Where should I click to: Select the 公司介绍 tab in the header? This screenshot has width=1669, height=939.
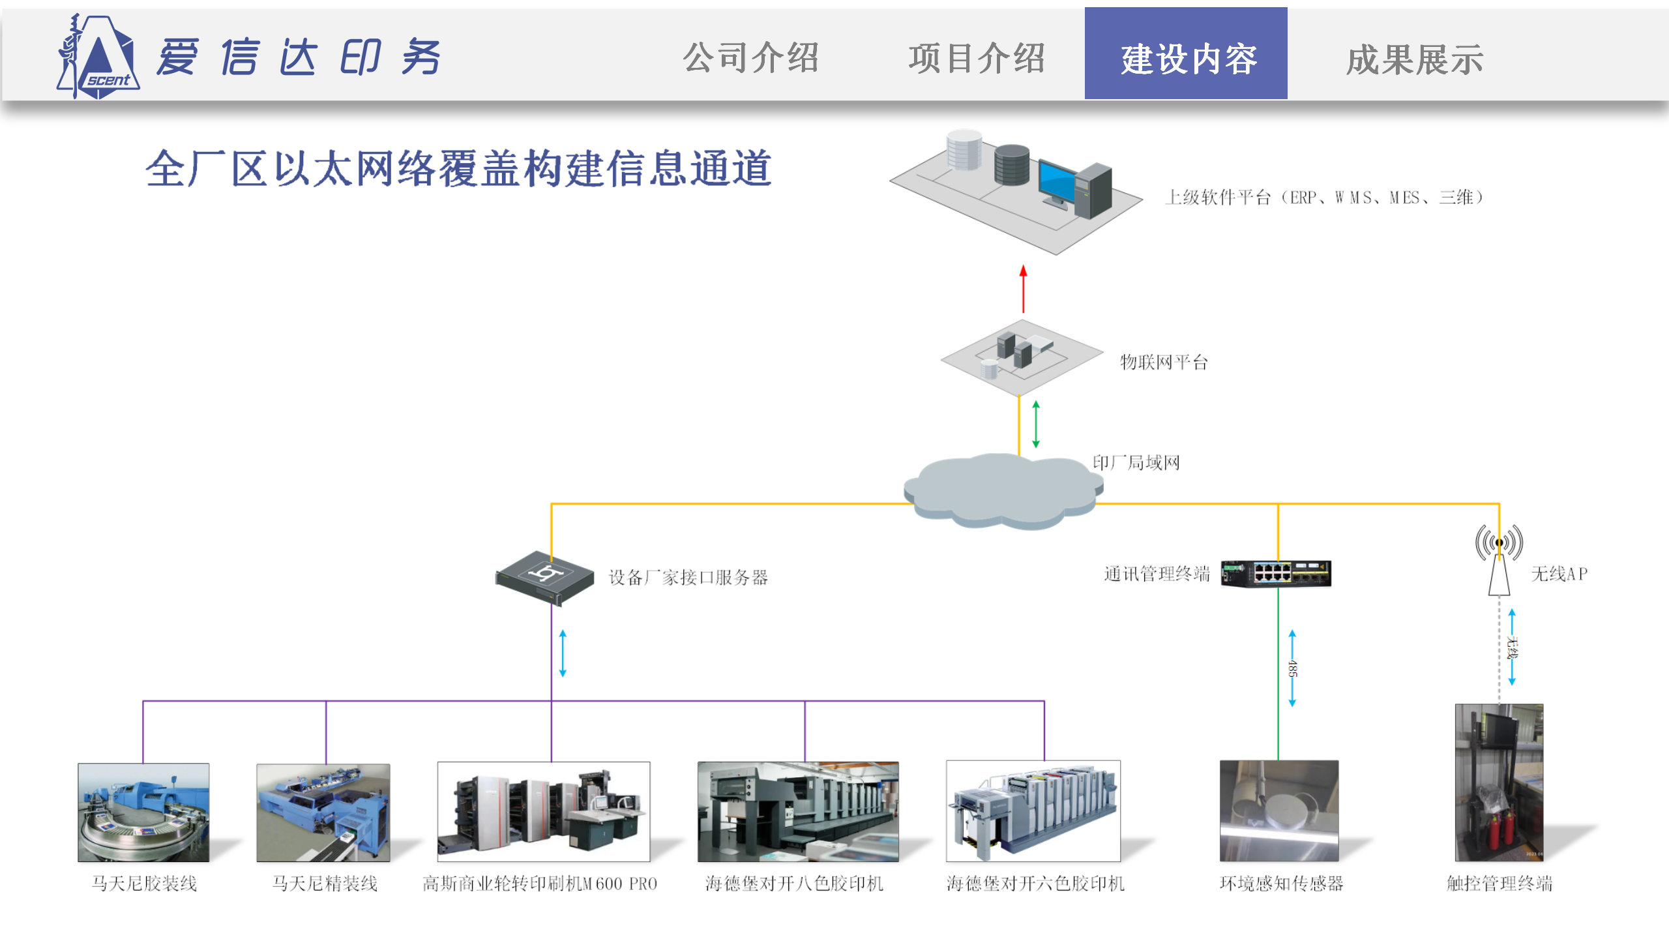750,57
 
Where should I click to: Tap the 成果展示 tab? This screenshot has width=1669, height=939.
1415,59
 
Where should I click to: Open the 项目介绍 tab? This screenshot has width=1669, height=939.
977,58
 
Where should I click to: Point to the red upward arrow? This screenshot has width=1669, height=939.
1023,288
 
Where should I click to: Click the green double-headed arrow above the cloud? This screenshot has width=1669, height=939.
1036,425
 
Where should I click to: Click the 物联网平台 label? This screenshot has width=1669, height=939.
1164,362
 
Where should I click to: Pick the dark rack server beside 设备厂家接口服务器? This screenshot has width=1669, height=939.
545,578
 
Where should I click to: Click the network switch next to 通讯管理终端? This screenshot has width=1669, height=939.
1276,574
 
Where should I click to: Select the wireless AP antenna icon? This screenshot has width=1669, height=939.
1499,559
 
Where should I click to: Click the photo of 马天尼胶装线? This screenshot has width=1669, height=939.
143,812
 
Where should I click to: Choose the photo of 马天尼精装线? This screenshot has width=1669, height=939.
323,812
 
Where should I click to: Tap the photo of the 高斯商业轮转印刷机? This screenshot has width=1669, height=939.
544,812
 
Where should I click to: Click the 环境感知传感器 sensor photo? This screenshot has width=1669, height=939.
1279,811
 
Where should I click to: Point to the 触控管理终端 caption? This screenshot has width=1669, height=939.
1499,884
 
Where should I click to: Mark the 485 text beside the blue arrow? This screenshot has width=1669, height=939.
1292,668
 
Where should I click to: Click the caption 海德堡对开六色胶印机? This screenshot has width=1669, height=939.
1035,884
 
